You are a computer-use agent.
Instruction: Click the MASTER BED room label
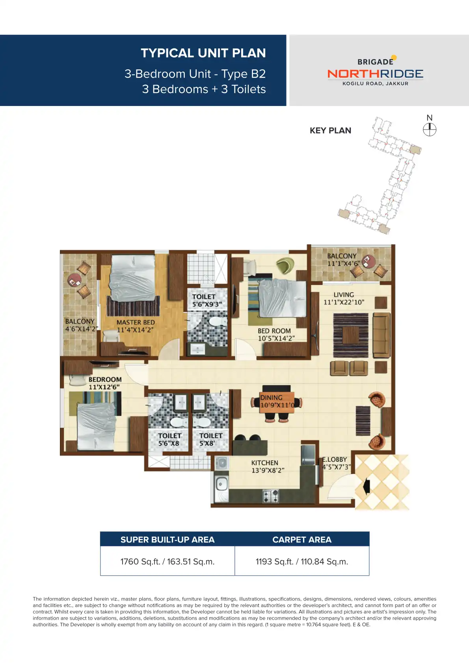click(135, 326)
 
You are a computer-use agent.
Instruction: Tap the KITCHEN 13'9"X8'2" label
click(267, 466)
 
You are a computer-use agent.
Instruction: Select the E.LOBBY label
click(335, 463)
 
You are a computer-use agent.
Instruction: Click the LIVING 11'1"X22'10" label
click(344, 298)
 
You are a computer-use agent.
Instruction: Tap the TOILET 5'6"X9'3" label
click(206, 300)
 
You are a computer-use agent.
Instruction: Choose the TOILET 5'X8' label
click(210, 439)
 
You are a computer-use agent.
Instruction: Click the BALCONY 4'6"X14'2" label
click(80, 325)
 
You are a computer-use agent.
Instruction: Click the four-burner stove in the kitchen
click(271, 496)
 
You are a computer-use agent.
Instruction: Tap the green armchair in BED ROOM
click(285, 266)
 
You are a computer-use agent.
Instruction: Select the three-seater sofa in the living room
click(381, 335)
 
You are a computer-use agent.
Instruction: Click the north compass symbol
click(430, 129)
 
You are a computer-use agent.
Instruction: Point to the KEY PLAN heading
click(330, 130)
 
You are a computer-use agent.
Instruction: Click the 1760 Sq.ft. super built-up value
click(167, 561)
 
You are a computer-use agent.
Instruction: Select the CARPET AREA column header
click(302, 539)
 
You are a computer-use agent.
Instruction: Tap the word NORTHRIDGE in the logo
click(375, 74)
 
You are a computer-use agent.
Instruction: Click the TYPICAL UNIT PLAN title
click(203, 53)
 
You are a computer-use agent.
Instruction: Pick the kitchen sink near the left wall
click(221, 483)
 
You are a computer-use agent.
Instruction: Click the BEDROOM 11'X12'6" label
click(105, 383)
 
